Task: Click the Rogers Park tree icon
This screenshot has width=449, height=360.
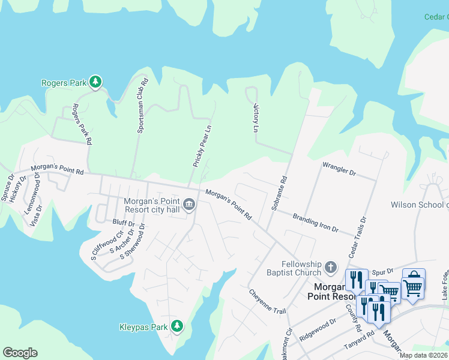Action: (95, 82)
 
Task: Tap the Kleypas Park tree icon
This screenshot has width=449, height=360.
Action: (176, 326)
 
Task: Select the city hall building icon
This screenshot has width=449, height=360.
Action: (188, 205)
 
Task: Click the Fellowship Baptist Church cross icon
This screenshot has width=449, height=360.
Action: (330, 266)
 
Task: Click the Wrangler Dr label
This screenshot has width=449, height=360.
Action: (339, 169)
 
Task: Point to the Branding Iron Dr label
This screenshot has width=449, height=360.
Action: (316, 223)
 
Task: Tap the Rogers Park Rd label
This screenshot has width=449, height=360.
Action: (82, 124)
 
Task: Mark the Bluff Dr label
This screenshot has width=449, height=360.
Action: (123, 222)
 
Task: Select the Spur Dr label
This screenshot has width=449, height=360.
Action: (382, 271)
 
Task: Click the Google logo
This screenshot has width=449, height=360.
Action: (20, 353)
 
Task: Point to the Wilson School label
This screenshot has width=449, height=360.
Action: (420, 205)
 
